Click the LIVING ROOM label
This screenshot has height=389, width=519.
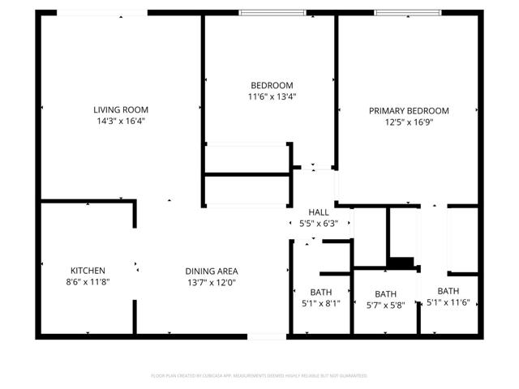pos(121,109)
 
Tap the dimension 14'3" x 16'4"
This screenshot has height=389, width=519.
pos(121,121)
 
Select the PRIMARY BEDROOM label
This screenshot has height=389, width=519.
pos(409,111)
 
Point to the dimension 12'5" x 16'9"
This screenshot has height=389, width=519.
pos(409,122)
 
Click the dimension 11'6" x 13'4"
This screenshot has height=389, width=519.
pos(272,96)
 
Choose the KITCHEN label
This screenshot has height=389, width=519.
pos(88,271)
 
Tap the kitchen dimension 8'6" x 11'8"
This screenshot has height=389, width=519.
pos(88,282)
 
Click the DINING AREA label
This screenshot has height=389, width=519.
pos(211,271)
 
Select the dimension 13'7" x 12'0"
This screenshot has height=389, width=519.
pos(211,283)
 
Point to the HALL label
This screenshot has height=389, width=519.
pos(319,212)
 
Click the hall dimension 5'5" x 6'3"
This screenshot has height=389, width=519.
pos(319,223)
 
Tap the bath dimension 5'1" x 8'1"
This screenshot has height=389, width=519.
pos(320,304)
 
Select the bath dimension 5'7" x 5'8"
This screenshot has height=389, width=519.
pos(385,306)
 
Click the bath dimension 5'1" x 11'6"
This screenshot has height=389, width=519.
pos(448,302)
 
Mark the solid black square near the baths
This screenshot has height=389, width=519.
pos(401,263)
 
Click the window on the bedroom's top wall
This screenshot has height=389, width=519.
pos(272,12)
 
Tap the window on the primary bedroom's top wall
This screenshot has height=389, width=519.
pos(407,12)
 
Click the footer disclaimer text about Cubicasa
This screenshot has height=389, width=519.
pos(259,376)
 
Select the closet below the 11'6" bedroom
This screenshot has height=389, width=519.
pos(247,159)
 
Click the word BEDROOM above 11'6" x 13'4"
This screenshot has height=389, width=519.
pos(272,85)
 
